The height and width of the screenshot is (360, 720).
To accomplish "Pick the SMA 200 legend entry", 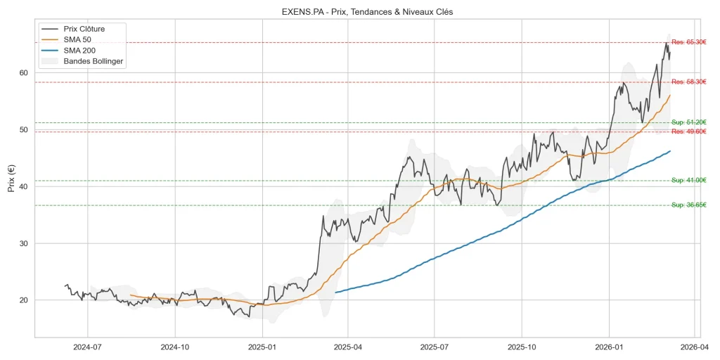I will [84, 51].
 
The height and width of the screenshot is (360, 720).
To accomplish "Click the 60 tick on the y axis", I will [23, 72].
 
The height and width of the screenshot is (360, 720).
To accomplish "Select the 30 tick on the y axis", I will [23, 243].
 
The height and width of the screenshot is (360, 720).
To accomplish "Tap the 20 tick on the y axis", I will [23, 300].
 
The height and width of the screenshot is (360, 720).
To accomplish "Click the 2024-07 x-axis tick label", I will [87, 347].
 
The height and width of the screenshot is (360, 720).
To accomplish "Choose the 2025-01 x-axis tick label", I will [262, 347].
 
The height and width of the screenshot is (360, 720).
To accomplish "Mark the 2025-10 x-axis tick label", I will [522, 347].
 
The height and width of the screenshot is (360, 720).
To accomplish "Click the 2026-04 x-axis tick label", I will [695, 347].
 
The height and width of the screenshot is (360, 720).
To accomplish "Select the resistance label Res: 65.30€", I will [688, 42].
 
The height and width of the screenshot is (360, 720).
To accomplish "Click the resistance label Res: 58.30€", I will [688, 82].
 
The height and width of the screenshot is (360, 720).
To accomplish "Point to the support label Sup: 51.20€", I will [688, 122].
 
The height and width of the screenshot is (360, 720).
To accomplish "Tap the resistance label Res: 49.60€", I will [688, 131].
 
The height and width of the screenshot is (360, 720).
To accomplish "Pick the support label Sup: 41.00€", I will [688, 181].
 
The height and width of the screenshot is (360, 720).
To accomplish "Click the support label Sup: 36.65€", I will [688, 205].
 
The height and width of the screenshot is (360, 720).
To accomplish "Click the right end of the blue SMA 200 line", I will [670, 151].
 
